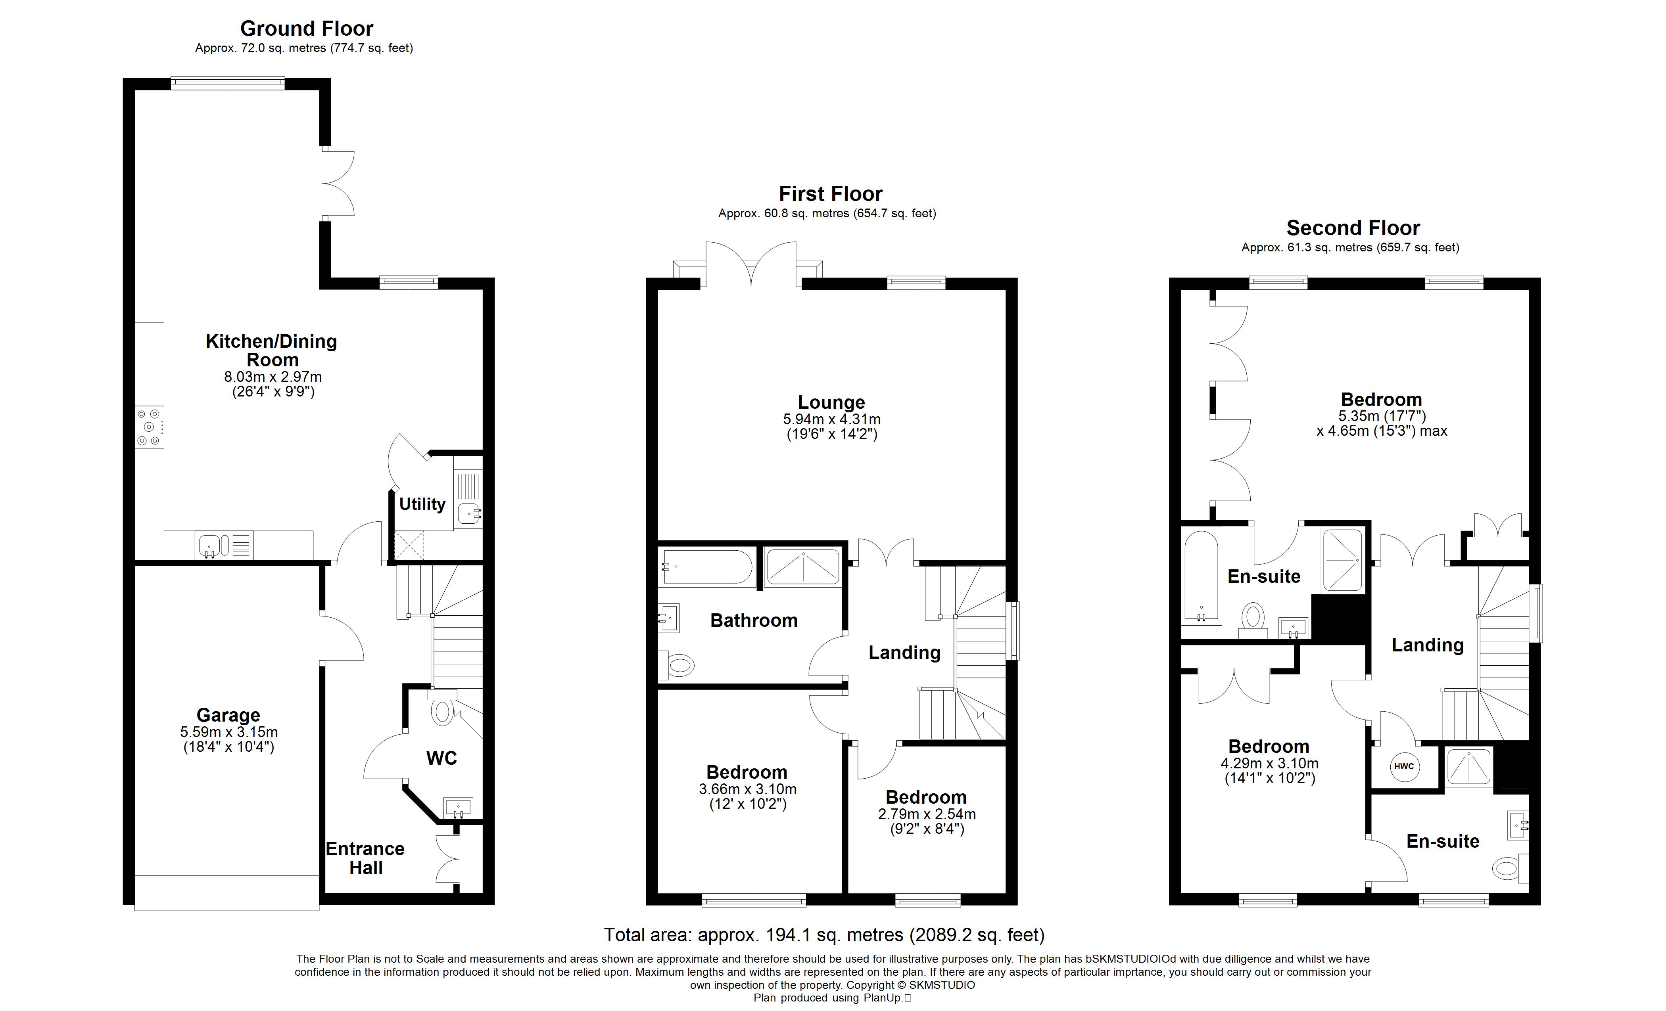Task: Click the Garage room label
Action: click(228, 715)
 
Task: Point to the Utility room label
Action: click(422, 504)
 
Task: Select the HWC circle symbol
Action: click(1404, 766)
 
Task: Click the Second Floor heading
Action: click(1353, 228)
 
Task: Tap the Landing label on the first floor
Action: click(905, 653)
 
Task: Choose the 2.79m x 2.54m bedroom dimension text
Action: click(927, 814)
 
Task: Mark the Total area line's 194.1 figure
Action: click(789, 935)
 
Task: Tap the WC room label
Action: click(441, 758)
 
